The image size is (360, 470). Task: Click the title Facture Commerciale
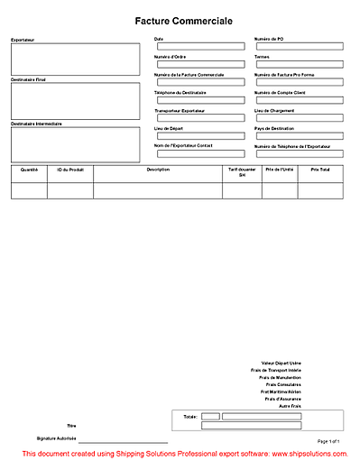(x=183, y=20)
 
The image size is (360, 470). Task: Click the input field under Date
(x=200, y=47)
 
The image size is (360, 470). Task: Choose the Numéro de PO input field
(x=300, y=47)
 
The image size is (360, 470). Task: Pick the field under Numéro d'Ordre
(x=200, y=64)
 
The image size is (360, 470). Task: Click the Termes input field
(x=300, y=64)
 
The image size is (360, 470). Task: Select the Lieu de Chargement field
(x=300, y=118)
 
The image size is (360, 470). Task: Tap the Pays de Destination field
(x=300, y=136)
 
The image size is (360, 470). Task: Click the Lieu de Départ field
(x=200, y=136)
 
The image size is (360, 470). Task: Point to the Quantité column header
(x=29, y=169)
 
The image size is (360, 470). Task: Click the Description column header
(x=158, y=169)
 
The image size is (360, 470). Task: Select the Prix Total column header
(x=320, y=169)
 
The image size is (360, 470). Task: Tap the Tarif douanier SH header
(x=242, y=171)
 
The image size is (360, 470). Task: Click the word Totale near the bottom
(x=189, y=417)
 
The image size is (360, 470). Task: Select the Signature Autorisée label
(x=56, y=438)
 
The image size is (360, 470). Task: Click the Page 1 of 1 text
(x=328, y=440)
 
